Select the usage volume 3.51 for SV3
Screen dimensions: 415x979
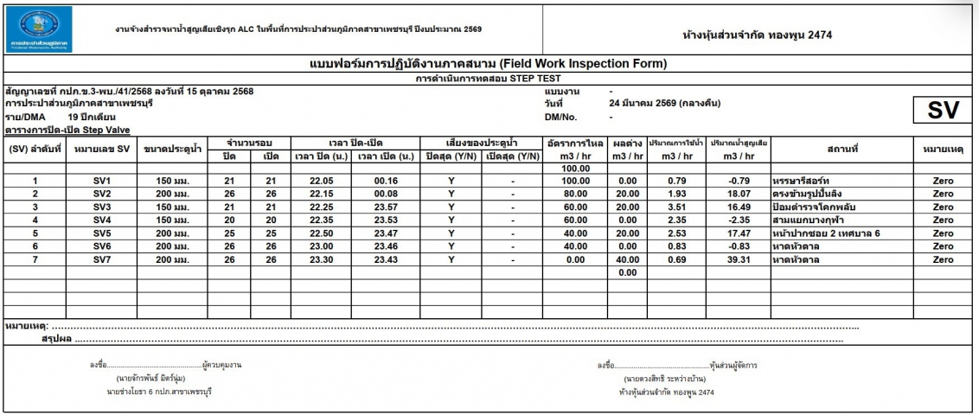pyautogui.click(x=673, y=207)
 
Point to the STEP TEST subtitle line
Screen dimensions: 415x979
pyautogui.click(x=489, y=79)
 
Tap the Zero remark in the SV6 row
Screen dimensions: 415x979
pyautogui.click(x=943, y=246)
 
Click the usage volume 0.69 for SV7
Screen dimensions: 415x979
pyautogui.click(x=673, y=259)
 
